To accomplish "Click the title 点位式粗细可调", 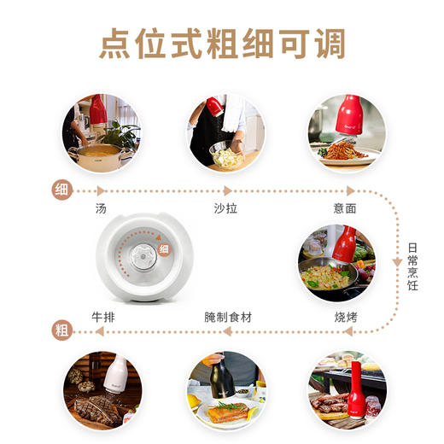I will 222,44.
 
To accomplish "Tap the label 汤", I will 102,207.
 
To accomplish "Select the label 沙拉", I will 225,207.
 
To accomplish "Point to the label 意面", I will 345,207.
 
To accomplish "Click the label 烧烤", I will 345,317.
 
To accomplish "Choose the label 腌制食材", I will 228,317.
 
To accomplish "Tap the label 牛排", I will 103,317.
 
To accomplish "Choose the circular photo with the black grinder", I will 224,388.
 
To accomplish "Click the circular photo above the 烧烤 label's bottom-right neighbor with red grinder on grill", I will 345,388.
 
